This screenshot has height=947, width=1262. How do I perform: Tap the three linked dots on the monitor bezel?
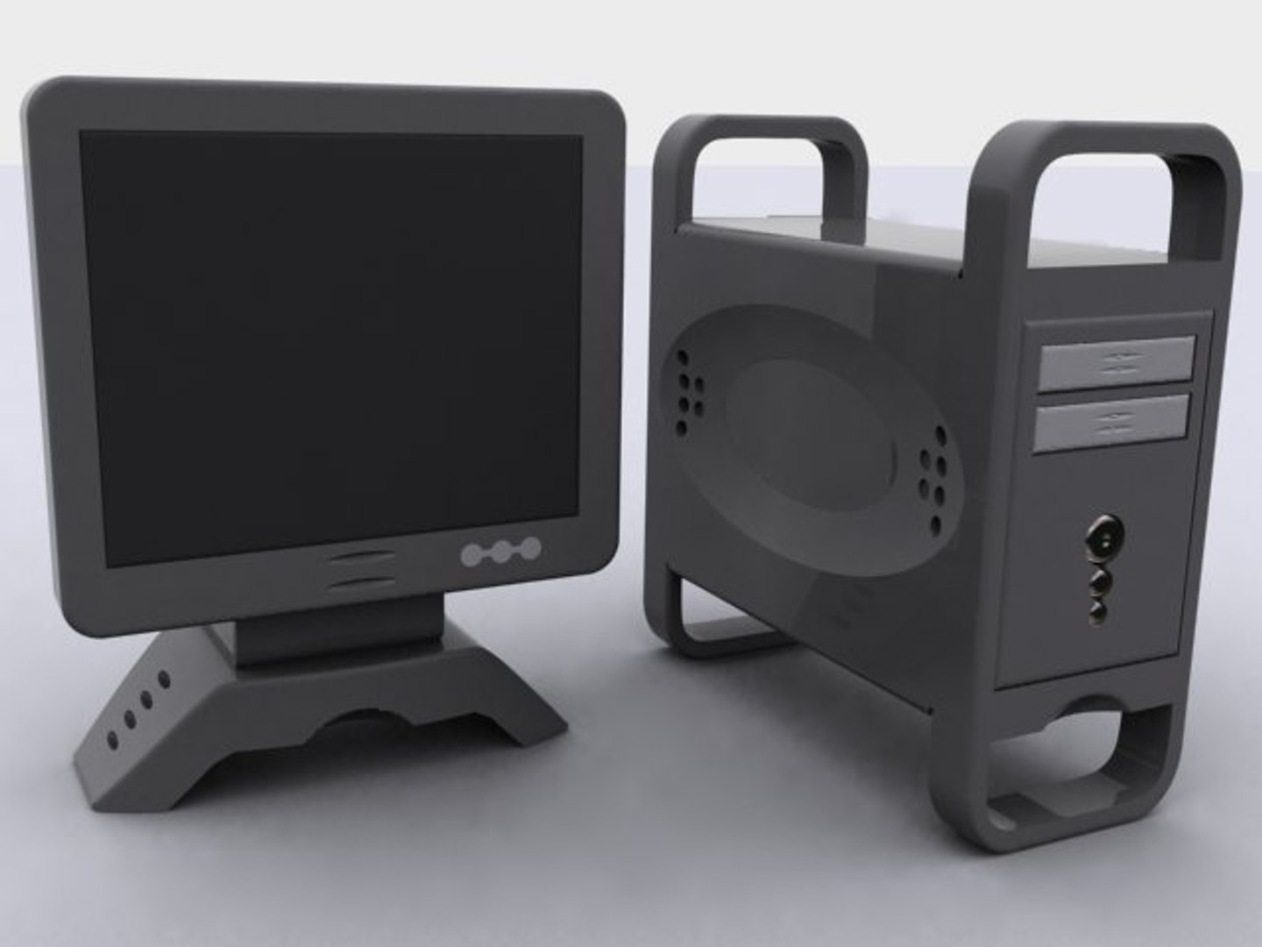click(500, 552)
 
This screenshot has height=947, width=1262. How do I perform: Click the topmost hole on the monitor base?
click(163, 678)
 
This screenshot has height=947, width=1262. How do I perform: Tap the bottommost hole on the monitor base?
click(111, 740)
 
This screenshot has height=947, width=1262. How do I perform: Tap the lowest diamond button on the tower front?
click(1099, 607)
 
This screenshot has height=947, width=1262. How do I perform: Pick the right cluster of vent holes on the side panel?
click(932, 481)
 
